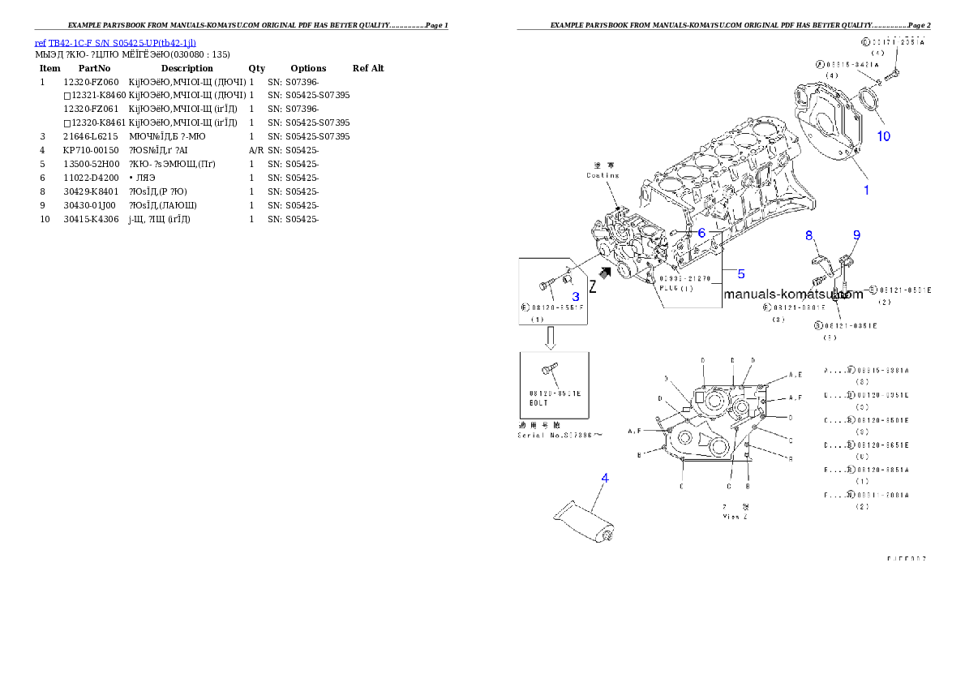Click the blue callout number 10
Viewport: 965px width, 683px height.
pos(883,136)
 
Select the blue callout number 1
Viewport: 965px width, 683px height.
pos(866,190)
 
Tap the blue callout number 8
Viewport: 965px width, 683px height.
pos(808,235)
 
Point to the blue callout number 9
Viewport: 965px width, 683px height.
pos(856,235)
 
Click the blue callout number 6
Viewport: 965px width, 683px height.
pos(702,232)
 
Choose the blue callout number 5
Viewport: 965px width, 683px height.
pos(740,273)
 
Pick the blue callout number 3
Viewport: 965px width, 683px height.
pos(575,297)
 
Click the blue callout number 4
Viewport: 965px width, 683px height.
pos(604,478)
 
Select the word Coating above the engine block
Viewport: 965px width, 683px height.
pos(603,174)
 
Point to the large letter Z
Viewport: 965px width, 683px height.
pos(593,287)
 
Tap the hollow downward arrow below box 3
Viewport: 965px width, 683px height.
pos(550,337)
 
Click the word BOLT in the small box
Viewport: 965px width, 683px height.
pos(539,402)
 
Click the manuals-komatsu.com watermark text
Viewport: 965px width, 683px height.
pos(793,294)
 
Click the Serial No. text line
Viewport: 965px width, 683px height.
pos(560,435)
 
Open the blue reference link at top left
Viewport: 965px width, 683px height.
pos(114,43)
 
